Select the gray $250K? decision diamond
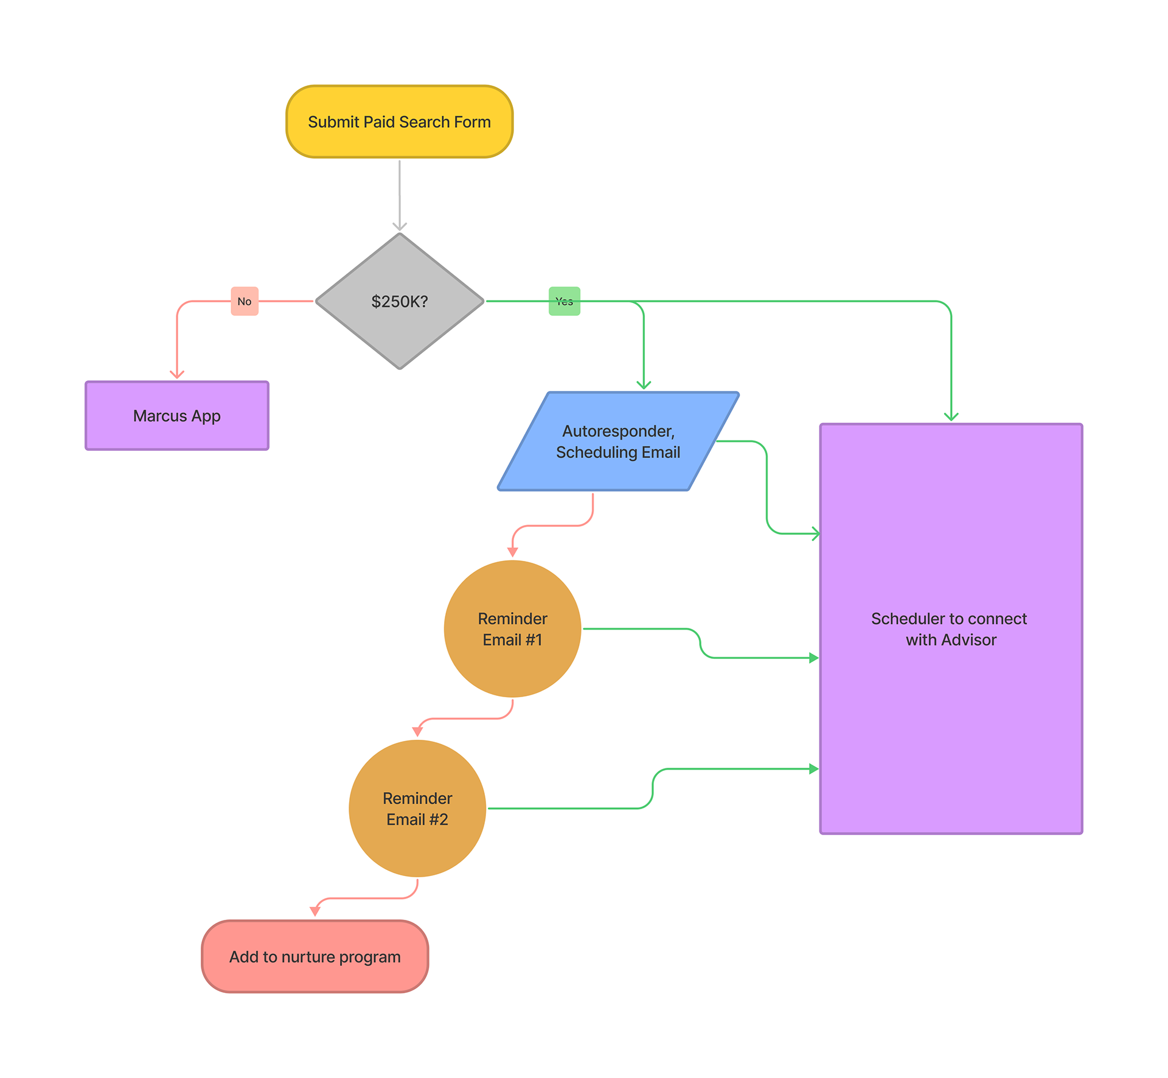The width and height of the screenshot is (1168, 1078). (399, 301)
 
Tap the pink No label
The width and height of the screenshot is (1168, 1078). (245, 301)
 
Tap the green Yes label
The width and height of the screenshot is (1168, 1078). (564, 301)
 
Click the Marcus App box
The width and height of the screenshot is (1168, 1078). (176, 416)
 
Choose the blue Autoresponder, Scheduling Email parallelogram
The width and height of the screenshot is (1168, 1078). (617, 442)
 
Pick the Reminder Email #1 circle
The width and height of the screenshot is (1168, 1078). (512, 629)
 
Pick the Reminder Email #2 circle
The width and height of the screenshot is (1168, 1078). (417, 809)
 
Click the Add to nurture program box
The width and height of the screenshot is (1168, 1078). (315, 957)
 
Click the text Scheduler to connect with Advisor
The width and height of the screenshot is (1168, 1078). (950, 629)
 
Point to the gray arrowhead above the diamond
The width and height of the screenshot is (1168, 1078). (400, 227)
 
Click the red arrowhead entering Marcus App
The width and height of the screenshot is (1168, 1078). (177, 374)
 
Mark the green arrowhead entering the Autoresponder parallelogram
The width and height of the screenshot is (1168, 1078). (644, 384)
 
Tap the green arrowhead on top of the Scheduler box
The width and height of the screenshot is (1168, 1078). (951, 416)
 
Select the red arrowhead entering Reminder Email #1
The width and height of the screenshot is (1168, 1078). (513, 552)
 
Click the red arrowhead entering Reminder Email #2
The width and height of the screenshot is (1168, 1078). (417, 732)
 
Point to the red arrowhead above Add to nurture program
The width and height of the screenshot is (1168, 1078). (315, 911)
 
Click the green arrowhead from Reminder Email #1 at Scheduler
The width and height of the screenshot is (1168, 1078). (813, 658)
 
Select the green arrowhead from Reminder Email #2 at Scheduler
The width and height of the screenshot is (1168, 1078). (813, 769)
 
